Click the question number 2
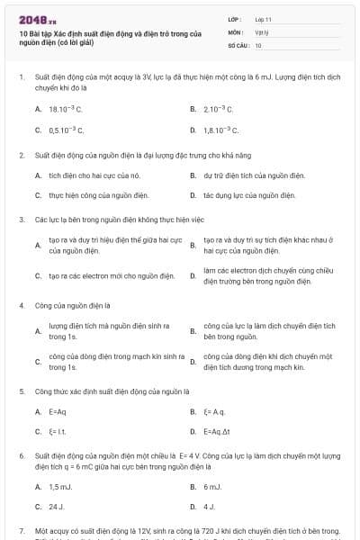pos(21,155)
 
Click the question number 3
pos(21,219)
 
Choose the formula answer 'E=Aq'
pos(58,411)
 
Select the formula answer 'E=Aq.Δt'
pos(220,431)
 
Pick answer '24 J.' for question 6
pos(56,507)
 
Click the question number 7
pos(21,532)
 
